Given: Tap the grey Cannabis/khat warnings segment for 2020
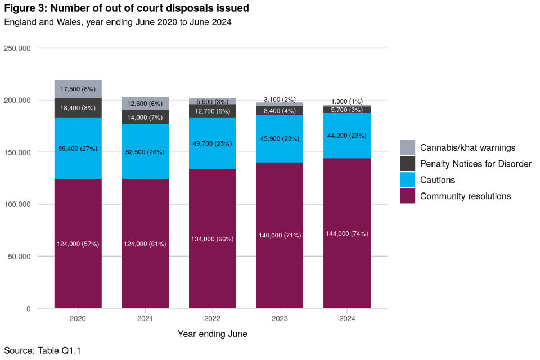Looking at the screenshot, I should (x=78, y=89).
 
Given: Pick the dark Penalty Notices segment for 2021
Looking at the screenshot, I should (x=145, y=116).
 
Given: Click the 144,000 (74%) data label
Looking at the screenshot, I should (x=347, y=233).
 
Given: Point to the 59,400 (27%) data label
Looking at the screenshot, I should (x=78, y=148).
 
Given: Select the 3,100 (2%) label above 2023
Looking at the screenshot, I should (x=280, y=99).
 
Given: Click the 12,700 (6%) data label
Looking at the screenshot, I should (x=213, y=111).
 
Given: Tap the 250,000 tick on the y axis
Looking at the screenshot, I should (x=17, y=48).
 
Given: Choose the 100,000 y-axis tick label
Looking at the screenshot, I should (x=17, y=204).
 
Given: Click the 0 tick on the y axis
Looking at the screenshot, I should (x=28, y=308).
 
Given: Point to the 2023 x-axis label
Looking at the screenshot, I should (x=280, y=318).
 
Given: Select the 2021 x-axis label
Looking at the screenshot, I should (x=145, y=318).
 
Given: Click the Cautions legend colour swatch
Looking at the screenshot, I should (x=408, y=180).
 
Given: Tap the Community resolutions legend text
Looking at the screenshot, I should (x=465, y=196).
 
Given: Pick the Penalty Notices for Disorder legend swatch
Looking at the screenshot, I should (x=408, y=164).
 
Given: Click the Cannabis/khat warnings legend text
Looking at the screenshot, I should (x=468, y=148).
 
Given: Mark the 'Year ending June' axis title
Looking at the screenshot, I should (x=213, y=334).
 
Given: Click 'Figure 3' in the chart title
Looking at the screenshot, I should (x=24, y=8).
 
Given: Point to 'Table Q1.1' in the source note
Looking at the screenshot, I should (x=60, y=351).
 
